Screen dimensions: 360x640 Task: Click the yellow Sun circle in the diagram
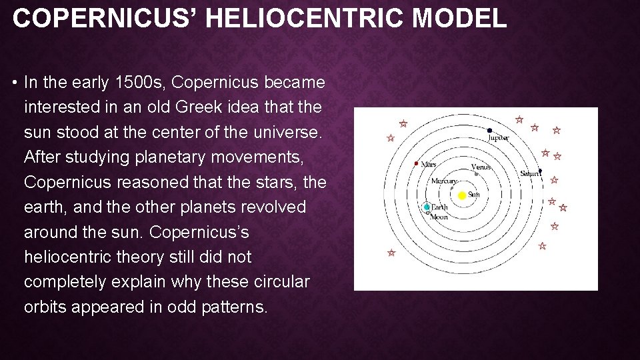(462, 195)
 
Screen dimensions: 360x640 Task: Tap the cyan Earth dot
(427, 207)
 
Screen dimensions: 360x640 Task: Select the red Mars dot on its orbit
(416, 163)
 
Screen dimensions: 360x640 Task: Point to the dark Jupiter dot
(489, 131)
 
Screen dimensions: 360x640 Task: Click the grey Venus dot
(476, 174)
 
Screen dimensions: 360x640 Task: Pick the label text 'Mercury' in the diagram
(444, 181)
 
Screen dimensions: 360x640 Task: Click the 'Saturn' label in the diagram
(529, 174)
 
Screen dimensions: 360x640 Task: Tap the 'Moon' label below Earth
(439, 217)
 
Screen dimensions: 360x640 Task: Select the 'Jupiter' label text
(498, 138)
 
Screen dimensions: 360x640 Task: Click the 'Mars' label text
(428, 164)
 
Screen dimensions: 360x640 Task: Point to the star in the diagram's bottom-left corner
(391, 253)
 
